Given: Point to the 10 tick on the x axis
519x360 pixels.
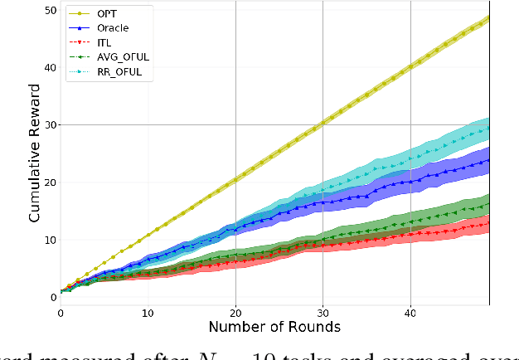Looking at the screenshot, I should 148,314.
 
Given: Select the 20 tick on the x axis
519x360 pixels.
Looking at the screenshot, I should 235,314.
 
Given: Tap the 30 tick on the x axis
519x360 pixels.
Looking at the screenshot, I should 323,314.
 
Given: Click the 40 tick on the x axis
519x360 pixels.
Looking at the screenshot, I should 410,314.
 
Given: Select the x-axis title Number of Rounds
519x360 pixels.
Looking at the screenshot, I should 274,328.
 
